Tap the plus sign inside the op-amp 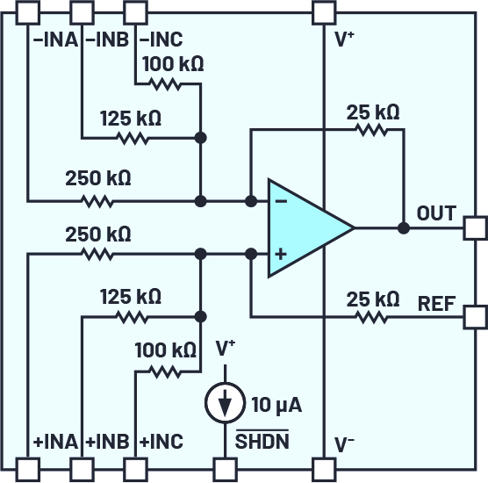coord(281,254)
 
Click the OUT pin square coord(474,227)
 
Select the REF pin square coord(474,316)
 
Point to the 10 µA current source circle coord(226,403)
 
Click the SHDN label coord(261,441)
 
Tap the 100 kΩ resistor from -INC coord(164,84)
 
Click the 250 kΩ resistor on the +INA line coord(97,254)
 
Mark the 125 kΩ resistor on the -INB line coord(131,138)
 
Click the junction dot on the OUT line coord(403,227)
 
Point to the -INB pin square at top coord(82,12)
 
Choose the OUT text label coord(436,213)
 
